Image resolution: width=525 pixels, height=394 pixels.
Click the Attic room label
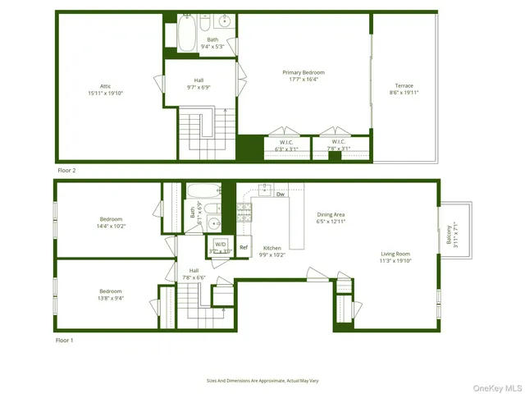click(x=105, y=86)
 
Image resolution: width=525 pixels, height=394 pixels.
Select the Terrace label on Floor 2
click(x=404, y=86)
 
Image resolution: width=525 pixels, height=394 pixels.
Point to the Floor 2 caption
click(x=66, y=170)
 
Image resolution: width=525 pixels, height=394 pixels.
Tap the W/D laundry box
click(x=220, y=245)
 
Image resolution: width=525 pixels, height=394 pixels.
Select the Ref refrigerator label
click(x=244, y=247)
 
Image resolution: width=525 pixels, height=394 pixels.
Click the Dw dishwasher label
click(x=281, y=195)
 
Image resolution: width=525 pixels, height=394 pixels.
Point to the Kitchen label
click(x=272, y=247)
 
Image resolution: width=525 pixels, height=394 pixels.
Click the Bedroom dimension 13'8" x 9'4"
click(x=111, y=299)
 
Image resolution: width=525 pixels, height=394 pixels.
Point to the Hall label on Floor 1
click(x=194, y=270)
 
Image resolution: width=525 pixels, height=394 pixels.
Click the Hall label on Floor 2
click(x=199, y=80)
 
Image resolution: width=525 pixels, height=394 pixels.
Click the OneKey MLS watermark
click(x=495, y=387)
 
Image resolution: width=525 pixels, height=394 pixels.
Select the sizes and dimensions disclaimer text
click(x=262, y=381)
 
